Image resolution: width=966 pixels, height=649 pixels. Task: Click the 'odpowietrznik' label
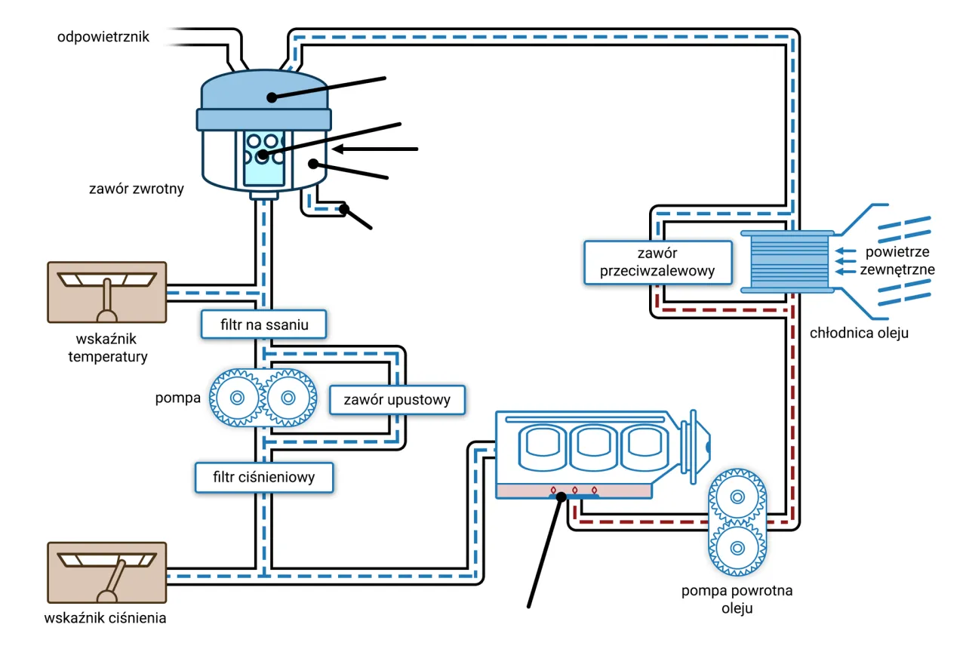pos(103,37)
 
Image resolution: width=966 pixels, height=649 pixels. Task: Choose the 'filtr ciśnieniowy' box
pos(264,477)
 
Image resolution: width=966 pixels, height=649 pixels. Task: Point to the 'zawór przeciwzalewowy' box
pos(657,262)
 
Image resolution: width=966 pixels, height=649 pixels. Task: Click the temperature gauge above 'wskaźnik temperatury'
pos(106,293)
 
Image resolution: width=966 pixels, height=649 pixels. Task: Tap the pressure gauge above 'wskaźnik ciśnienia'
pos(106,572)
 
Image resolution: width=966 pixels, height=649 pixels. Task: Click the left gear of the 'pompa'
pos(236,398)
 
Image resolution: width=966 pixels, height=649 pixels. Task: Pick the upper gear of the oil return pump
pos(737,497)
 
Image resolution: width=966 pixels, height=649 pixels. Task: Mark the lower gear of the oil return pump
pos(737,547)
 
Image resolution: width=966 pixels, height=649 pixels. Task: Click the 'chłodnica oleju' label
pos(859,333)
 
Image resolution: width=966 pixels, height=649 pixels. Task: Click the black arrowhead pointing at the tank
pos(338,149)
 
